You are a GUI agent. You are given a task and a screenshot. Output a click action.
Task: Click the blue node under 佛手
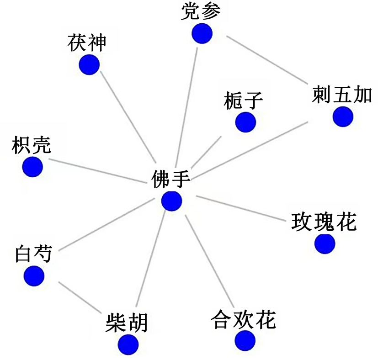coord(172,201)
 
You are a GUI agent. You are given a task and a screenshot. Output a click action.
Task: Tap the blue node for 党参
coord(202,33)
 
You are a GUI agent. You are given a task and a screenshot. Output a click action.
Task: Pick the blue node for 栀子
coord(245,122)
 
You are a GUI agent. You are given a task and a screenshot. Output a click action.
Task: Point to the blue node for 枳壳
coord(32,166)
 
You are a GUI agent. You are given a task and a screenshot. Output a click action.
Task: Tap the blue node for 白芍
coord(34,275)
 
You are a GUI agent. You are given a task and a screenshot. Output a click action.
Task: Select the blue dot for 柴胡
coord(128,344)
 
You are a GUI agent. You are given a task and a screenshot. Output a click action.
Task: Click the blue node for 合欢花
coord(245,340)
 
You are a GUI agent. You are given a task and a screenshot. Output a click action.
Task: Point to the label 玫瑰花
coord(324,222)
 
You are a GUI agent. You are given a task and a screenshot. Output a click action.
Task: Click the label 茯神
coord(86,43)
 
